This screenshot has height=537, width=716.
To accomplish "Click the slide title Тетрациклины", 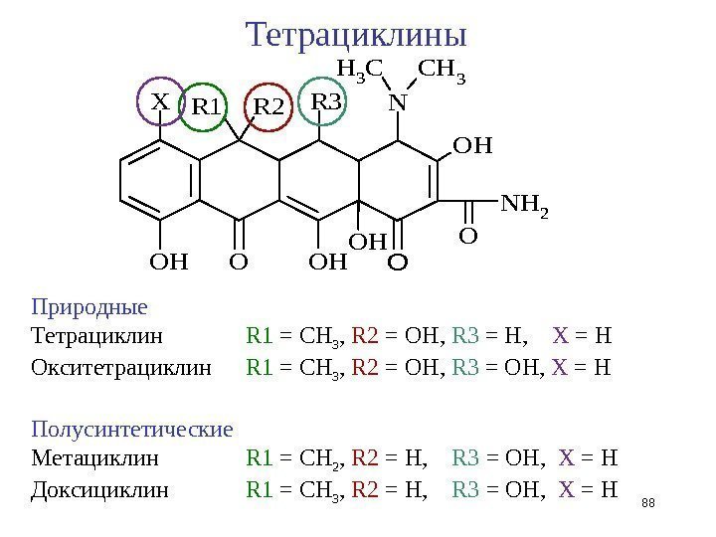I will pos(357,35).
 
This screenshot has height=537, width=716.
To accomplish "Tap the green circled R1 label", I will pos(208,106).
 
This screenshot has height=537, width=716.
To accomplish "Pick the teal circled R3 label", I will pos(325,102).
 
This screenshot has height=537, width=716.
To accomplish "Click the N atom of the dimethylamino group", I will pos(398,102).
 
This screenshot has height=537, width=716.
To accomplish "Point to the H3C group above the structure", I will pos(361,70).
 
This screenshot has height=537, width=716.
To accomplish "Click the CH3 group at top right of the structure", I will pos(444,70).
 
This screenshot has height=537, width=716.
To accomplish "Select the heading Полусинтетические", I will pos(132,430).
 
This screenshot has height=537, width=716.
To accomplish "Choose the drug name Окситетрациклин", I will pos(121,368).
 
